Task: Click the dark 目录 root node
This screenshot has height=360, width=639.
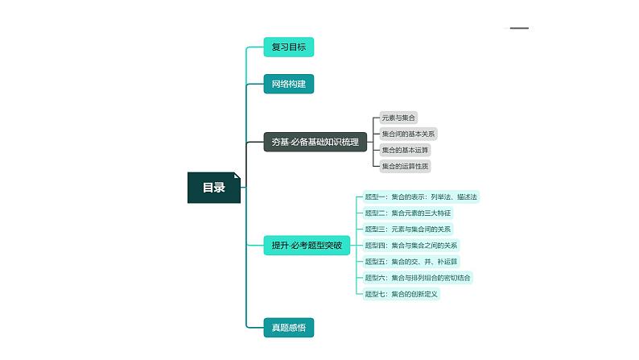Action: coord(213,188)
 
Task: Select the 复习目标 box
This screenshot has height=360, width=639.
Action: coord(288,47)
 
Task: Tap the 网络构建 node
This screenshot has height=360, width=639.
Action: coord(288,84)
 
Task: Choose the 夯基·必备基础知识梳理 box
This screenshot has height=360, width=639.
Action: coord(315,143)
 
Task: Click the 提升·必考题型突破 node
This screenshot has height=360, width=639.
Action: coord(307,245)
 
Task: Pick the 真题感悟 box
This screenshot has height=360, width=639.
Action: coord(288,327)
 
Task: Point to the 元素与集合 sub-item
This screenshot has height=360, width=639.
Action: coord(399,118)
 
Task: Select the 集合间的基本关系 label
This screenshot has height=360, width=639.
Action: coord(408,134)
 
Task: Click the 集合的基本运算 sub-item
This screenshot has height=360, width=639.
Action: coord(405,150)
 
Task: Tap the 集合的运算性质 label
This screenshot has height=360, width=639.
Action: coord(405,166)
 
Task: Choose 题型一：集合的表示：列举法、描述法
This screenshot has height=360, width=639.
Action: coord(421,197)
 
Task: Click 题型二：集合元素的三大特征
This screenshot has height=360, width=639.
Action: coord(408,213)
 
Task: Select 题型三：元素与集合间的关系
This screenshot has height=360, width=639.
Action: coord(408,229)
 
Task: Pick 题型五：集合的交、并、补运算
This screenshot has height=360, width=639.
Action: coord(410,261)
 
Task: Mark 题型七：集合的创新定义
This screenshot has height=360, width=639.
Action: coord(401,293)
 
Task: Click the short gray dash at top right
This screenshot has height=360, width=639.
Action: coord(519,28)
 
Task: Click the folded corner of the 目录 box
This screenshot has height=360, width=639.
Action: coord(237,176)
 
